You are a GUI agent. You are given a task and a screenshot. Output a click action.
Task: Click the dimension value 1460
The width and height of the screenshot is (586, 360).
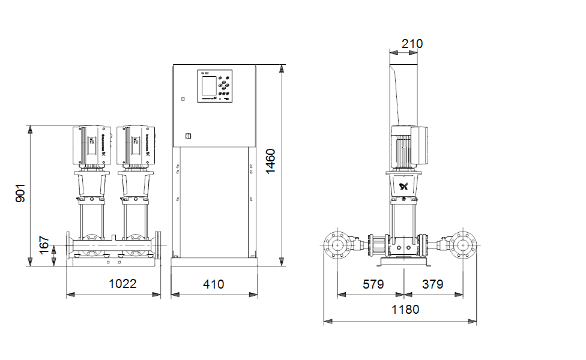click(x=271, y=161)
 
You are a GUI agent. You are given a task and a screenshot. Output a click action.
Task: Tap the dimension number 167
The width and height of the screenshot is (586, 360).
click(x=44, y=245)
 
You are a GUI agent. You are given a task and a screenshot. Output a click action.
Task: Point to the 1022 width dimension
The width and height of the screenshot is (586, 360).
click(x=122, y=283)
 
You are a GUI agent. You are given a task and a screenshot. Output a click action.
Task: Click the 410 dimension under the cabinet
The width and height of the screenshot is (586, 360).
click(x=213, y=283)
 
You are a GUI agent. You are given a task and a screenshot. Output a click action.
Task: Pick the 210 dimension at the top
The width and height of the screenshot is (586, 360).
click(x=412, y=43)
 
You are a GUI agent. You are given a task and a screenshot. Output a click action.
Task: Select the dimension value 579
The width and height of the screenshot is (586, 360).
click(x=373, y=283)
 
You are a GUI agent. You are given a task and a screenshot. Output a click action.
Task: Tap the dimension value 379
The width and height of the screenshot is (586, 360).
click(x=432, y=283)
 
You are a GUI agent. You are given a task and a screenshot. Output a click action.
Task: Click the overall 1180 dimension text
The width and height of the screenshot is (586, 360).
click(x=406, y=309)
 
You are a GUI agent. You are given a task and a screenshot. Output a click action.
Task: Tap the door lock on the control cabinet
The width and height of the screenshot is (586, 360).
click(x=187, y=136)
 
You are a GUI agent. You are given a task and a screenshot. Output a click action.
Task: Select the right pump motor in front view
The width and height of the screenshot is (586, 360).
click(x=136, y=146)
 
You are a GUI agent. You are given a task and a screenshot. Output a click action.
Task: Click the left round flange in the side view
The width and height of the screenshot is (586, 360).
click(x=337, y=245)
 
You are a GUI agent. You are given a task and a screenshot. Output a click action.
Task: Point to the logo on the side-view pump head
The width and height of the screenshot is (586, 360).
click(x=403, y=187)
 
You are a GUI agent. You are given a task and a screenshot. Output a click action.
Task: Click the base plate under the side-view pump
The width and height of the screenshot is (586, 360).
click(x=404, y=263)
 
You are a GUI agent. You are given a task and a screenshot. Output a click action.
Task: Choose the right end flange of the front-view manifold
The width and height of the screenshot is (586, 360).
click(x=158, y=245)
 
